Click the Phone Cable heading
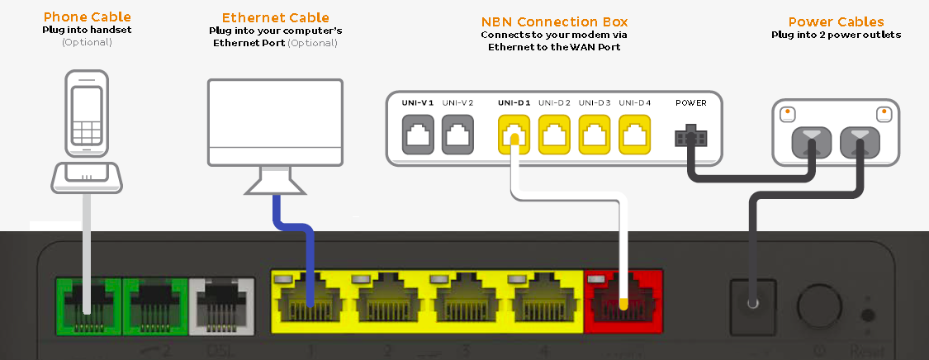tap(88, 17)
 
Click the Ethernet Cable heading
tap(275, 17)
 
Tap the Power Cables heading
tap(836, 22)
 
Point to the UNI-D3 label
tap(595, 103)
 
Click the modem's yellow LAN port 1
tap(310, 305)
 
